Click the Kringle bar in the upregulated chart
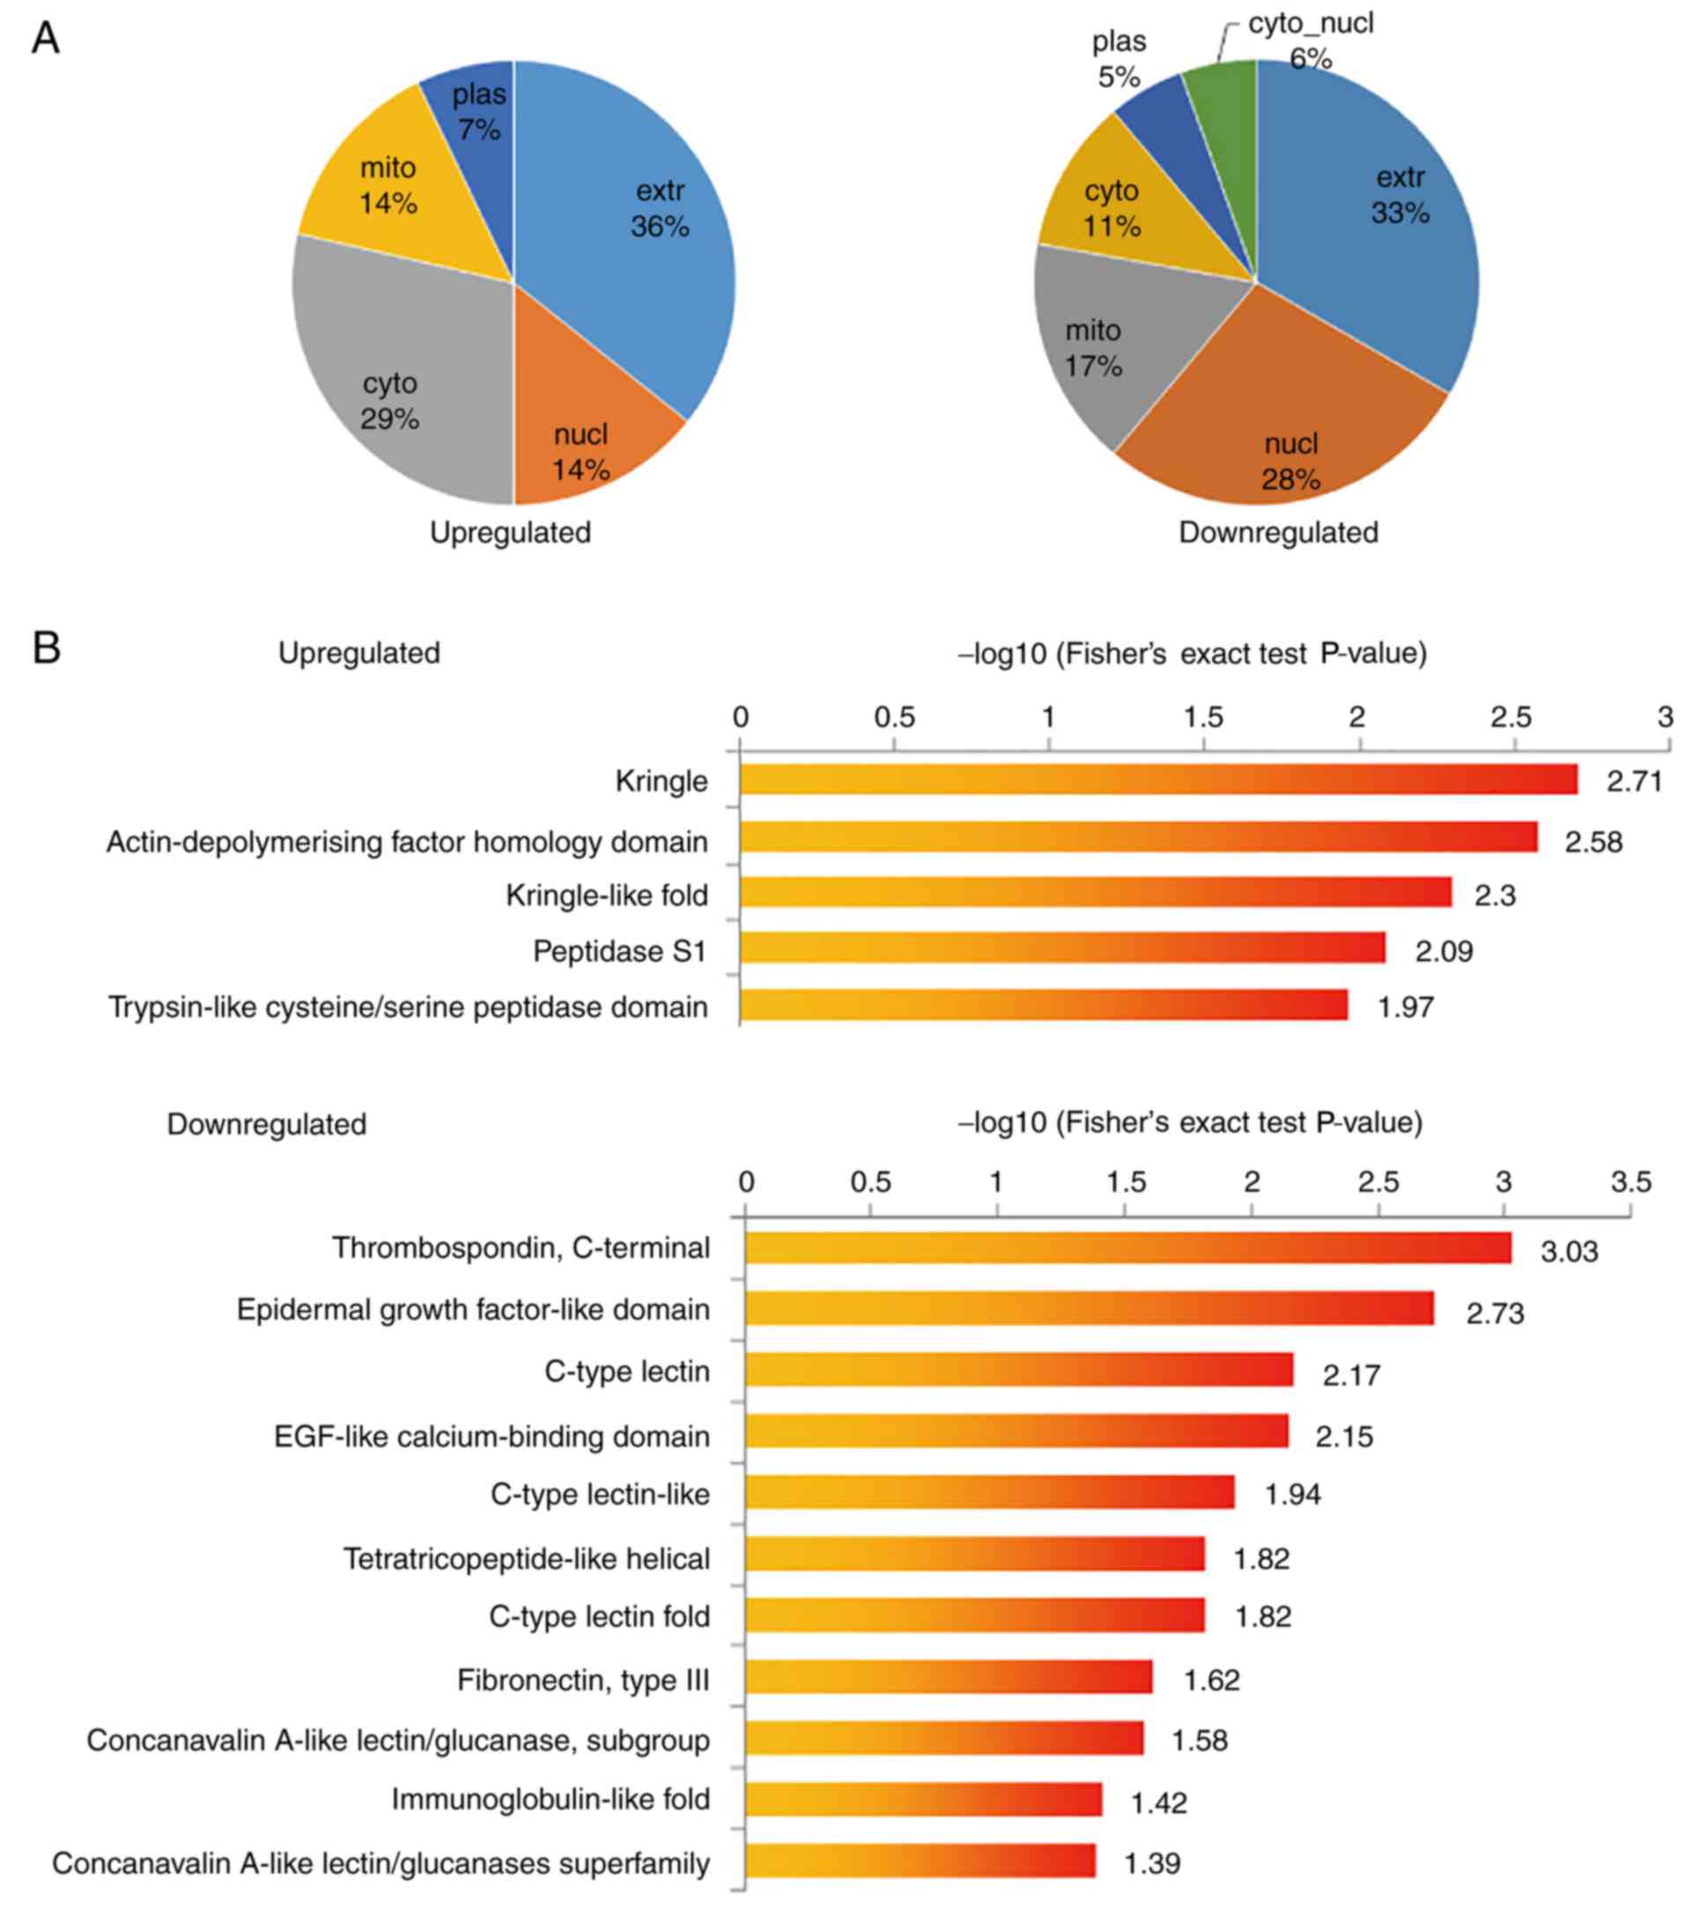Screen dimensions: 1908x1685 [x=1157, y=780]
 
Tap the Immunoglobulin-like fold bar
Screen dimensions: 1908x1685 [x=923, y=1799]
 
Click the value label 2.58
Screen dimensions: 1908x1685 [x=1593, y=842]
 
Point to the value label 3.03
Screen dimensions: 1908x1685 [x=1570, y=1252]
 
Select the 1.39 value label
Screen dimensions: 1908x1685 [x=1152, y=1863]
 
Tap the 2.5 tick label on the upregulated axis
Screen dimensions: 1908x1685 [x=1511, y=717]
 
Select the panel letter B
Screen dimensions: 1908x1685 [x=46, y=647]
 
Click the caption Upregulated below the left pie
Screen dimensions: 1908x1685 [x=510, y=533]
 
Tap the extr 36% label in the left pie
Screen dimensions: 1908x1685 [x=660, y=208]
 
